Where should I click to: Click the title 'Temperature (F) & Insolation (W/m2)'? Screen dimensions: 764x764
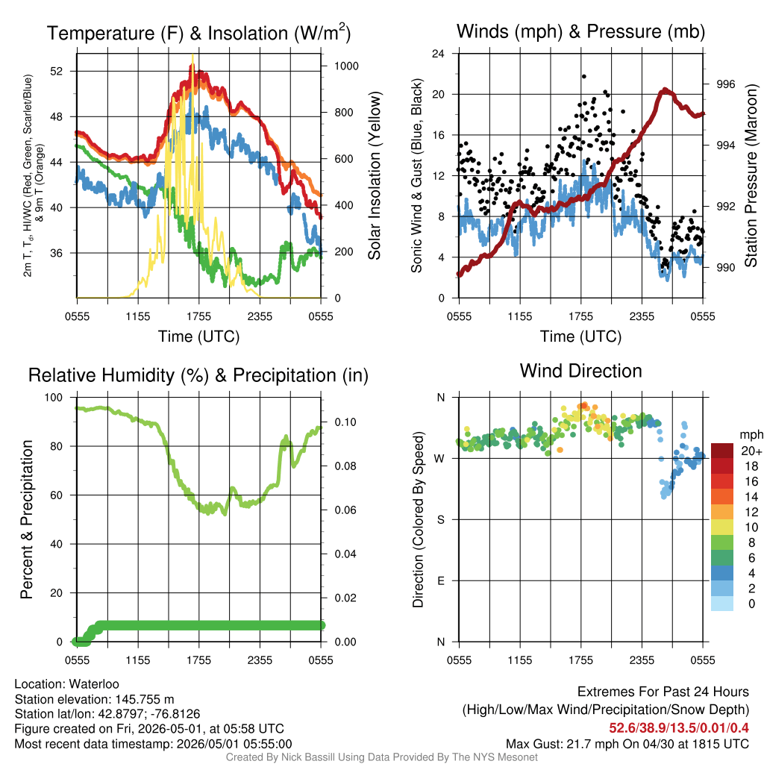(198, 33)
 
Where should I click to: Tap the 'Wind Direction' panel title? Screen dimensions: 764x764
(580, 371)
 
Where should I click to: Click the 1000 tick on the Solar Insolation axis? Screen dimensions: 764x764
(346, 66)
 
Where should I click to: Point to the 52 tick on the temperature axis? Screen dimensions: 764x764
(57, 71)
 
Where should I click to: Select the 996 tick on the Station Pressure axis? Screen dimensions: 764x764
(725, 84)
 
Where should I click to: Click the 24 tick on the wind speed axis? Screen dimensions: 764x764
(438, 54)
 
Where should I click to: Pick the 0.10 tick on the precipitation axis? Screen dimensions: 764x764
(345, 422)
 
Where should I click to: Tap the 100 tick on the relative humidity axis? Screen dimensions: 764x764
(54, 397)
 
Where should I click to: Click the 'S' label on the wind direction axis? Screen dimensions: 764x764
(440, 519)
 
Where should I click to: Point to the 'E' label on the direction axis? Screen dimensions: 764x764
(440, 580)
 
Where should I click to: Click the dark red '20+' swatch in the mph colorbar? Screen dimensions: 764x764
(722, 451)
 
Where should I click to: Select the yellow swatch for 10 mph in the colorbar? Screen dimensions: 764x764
(722, 527)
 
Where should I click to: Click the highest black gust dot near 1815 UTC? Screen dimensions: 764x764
(583, 77)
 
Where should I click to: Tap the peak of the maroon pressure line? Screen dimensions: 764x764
(665, 90)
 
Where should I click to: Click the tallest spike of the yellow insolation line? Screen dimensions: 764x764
(192, 56)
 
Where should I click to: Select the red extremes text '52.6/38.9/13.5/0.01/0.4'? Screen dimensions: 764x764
(679, 728)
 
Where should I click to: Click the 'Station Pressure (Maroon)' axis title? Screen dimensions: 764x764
(751, 175)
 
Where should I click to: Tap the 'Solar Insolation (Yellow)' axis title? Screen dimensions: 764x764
(375, 175)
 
